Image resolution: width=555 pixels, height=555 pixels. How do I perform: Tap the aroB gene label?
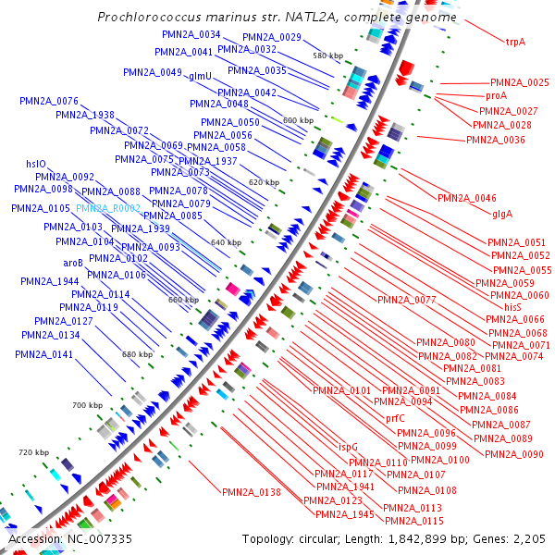[x=73, y=264]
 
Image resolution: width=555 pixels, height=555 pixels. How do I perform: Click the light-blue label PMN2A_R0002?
[x=109, y=208]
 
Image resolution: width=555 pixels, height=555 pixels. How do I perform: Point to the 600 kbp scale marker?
[x=298, y=120]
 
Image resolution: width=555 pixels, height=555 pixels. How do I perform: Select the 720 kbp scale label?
[x=33, y=451]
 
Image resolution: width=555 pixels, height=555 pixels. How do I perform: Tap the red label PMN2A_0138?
[x=251, y=492]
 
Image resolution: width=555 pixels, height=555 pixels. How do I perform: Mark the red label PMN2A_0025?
[x=520, y=82]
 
